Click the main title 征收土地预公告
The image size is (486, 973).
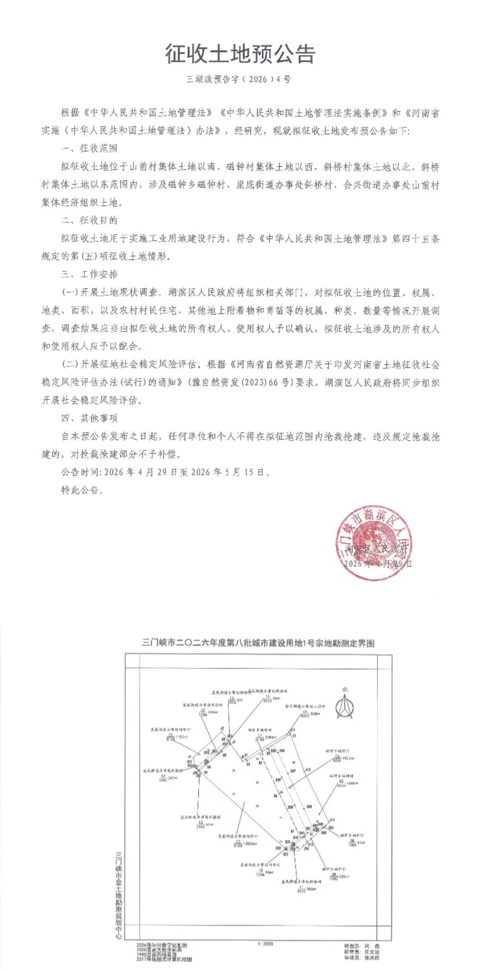pos(240,54)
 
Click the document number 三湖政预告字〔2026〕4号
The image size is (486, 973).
pos(239,80)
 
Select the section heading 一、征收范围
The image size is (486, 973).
pos(89,148)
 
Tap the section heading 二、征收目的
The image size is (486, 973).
pos(89,221)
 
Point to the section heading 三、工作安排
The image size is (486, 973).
pos(89,274)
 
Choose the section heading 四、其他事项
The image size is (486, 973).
pos(89,418)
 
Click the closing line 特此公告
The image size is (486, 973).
pos(82,490)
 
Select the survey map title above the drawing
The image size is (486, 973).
pos(258,643)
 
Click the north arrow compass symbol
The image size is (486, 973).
pos(344,706)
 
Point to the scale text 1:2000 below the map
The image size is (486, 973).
pos(265,944)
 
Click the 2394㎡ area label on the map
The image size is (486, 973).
pos(270,738)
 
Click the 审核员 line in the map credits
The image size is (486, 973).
pos(362,958)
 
